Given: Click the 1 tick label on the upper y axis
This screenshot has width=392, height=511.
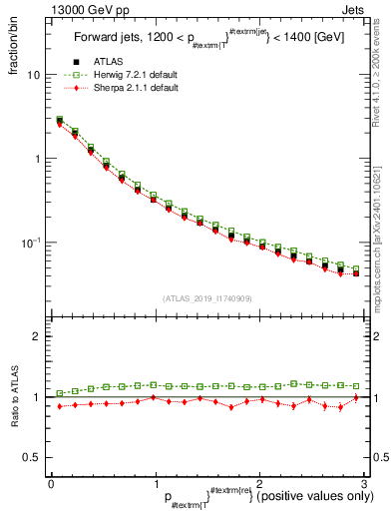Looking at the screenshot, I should tap(37, 159).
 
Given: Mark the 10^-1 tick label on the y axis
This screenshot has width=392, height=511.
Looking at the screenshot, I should tap(32, 243).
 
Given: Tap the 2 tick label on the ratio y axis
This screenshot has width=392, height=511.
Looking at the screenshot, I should tap(37, 336).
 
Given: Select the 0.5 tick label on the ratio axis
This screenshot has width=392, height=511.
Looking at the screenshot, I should tap(32, 457).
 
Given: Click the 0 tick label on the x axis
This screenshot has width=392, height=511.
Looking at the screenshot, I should tap(51, 482).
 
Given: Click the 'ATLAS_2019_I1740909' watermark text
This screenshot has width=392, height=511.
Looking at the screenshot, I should tap(206, 298).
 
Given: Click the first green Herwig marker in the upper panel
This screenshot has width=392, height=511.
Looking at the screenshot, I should tap(59, 120).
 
